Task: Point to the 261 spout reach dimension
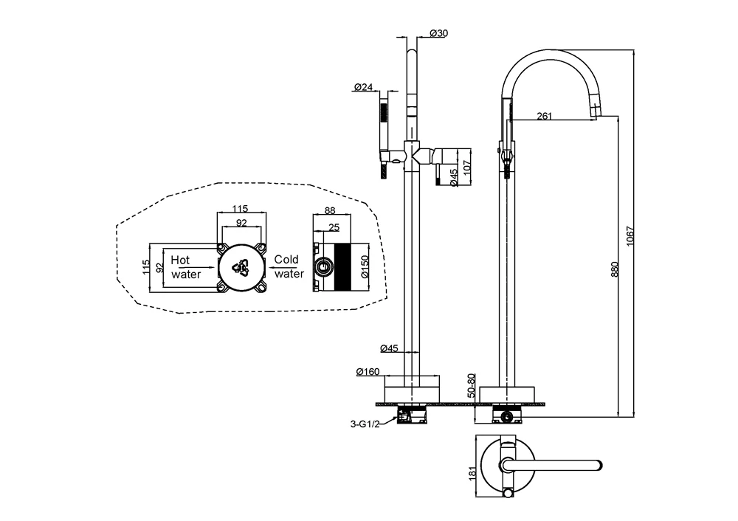(x=544, y=115)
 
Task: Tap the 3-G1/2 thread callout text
(x=365, y=424)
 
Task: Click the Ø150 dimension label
(x=365, y=266)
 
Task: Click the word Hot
(x=180, y=260)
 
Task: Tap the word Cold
(x=286, y=260)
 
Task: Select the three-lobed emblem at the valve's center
(x=241, y=266)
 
